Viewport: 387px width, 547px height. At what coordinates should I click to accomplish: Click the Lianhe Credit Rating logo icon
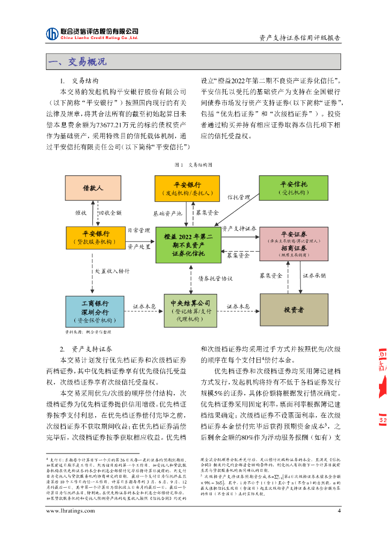(52, 34)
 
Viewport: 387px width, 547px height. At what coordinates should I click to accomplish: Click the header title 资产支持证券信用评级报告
(299, 38)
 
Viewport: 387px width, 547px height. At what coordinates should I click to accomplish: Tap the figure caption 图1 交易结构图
(193, 165)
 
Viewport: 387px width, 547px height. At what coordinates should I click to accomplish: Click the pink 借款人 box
(92, 189)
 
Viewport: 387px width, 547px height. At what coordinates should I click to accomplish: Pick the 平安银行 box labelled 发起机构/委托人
(187, 189)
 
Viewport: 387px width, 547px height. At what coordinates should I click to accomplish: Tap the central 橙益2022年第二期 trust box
(188, 245)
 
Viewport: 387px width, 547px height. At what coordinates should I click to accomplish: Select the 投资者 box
(293, 310)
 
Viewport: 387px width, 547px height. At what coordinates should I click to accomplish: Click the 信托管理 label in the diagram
(238, 197)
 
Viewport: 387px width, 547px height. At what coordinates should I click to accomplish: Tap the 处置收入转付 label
(112, 271)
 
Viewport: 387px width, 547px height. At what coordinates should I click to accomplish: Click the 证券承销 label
(314, 276)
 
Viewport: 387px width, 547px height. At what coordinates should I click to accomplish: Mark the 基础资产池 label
(168, 213)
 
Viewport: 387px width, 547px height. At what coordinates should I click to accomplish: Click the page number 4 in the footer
(339, 511)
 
